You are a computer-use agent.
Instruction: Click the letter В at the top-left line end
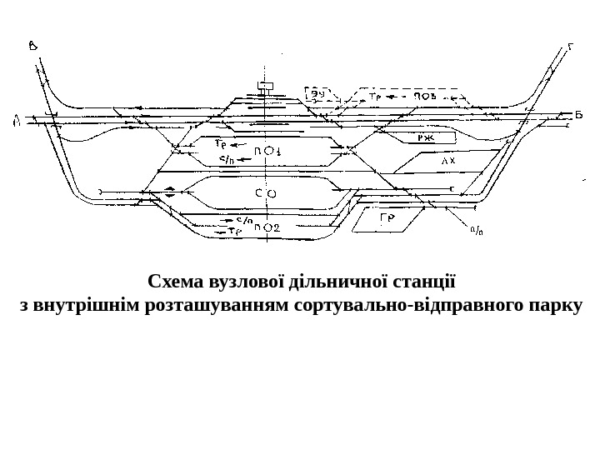(x=32, y=46)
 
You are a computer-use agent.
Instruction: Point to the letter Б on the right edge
(x=577, y=113)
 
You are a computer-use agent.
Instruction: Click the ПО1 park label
(x=267, y=151)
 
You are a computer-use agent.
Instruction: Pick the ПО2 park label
(x=267, y=227)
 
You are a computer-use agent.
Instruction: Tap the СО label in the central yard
(x=265, y=193)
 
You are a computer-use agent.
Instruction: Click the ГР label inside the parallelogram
(x=387, y=219)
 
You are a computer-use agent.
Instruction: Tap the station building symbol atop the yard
(x=267, y=86)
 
